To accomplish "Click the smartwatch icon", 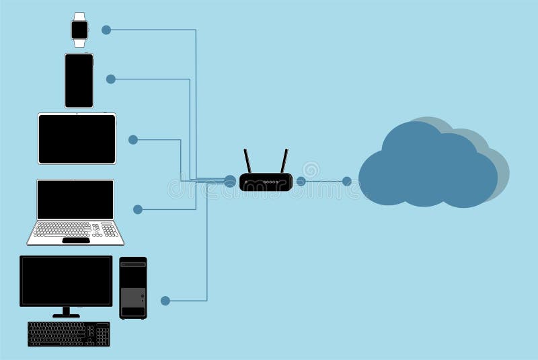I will (79, 30).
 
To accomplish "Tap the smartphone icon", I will (79, 81).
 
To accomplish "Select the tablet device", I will (77, 139).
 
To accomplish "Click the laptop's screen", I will (75, 199).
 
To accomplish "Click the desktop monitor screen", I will (66, 281).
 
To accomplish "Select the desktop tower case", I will (132, 288).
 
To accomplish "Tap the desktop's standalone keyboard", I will (69, 334).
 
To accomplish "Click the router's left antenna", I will (247, 161).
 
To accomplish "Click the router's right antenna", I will (284, 161).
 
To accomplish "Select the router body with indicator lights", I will (266, 182).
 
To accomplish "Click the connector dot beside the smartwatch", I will (106, 30).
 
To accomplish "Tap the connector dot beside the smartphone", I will (111, 79).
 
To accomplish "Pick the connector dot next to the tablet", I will (133, 139).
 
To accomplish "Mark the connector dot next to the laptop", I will (138, 209).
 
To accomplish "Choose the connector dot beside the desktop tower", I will (165, 300).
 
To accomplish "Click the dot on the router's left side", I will (230, 181).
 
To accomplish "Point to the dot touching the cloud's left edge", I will (347, 181).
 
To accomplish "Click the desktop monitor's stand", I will (66, 312).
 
